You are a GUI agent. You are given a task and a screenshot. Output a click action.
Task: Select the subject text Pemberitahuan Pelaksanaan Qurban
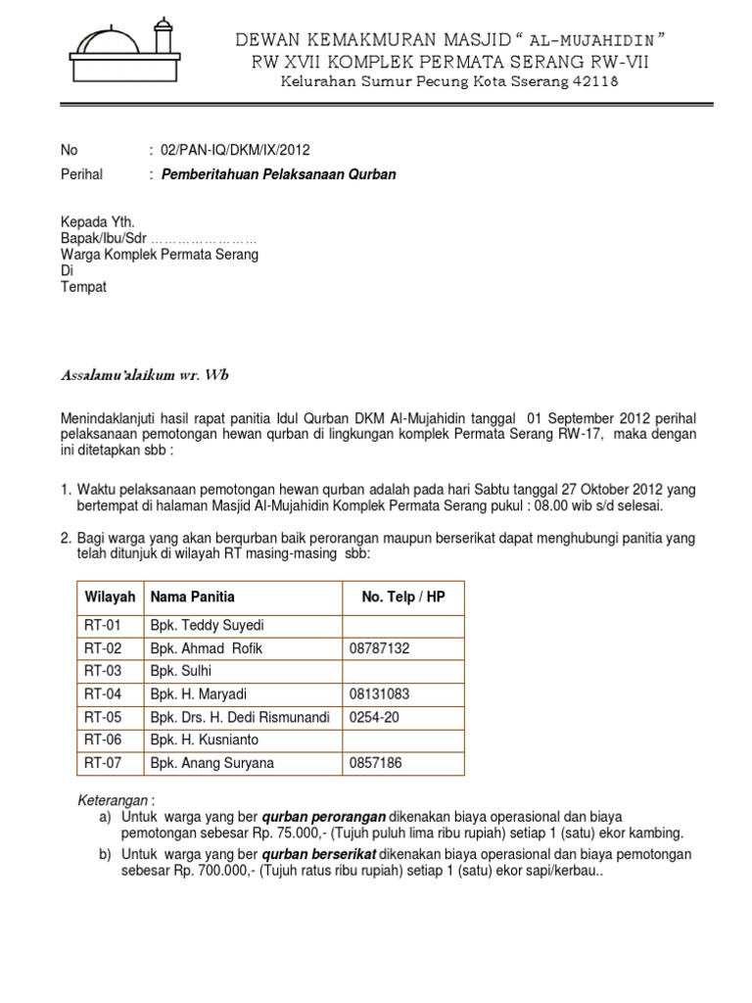click(278, 174)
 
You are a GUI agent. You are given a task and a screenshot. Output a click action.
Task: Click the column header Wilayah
click(109, 597)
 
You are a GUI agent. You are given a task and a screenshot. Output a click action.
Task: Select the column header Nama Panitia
click(192, 597)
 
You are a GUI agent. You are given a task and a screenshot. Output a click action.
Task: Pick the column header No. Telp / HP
click(402, 597)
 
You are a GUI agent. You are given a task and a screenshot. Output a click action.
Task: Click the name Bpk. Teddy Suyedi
click(207, 625)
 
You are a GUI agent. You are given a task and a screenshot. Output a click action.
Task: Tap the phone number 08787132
click(379, 648)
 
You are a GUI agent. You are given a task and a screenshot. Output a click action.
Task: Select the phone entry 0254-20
click(373, 717)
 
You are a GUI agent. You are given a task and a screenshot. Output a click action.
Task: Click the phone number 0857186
click(375, 763)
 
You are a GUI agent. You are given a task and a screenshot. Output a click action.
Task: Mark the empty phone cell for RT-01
click(402, 625)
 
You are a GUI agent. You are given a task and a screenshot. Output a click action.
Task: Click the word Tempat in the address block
click(83, 287)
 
